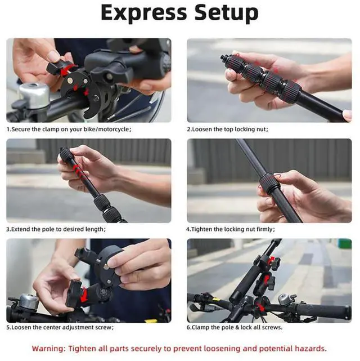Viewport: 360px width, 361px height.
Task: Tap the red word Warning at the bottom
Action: click(x=51, y=349)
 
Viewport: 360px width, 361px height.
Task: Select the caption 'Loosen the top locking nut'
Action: click(x=227, y=129)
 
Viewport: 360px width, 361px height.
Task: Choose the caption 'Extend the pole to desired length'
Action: click(x=56, y=229)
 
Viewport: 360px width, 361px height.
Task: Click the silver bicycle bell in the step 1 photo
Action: click(x=34, y=96)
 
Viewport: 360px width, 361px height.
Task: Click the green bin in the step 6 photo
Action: click(x=345, y=244)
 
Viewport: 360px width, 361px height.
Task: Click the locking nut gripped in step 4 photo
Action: click(x=269, y=183)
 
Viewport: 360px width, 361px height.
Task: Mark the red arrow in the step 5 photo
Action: click(x=83, y=294)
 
